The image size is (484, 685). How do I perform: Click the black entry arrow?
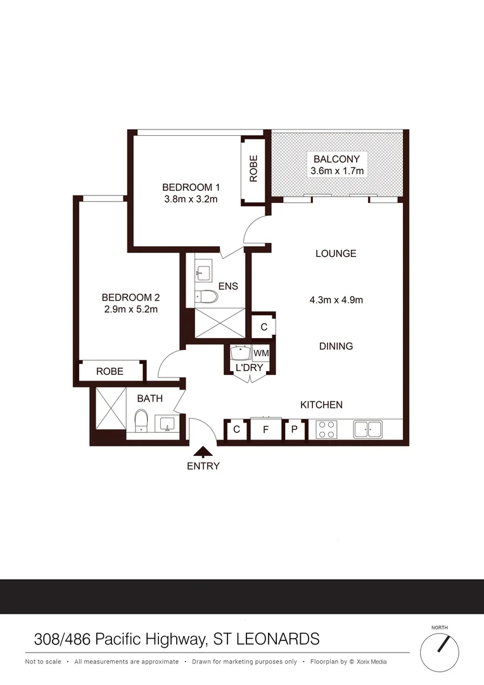tap(203, 452)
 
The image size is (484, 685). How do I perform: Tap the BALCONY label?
tap(336, 159)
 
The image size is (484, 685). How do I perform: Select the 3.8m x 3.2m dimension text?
tap(190, 199)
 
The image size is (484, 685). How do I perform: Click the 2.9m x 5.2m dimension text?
tap(130, 310)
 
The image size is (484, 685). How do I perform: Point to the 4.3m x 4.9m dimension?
tap(336, 300)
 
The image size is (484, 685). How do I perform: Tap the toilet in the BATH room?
tap(141, 421)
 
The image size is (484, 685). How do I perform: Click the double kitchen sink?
tap(368, 430)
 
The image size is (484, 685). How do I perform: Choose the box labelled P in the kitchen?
tap(295, 430)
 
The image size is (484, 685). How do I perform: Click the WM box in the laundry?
tap(260, 353)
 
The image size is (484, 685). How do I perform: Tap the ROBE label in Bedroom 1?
tap(253, 169)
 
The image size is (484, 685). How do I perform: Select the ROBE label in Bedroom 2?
tap(110, 372)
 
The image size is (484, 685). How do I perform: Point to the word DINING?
tap(336, 346)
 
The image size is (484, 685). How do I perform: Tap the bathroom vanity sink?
tap(168, 423)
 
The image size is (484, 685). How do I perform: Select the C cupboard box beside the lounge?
tap(264, 327)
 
